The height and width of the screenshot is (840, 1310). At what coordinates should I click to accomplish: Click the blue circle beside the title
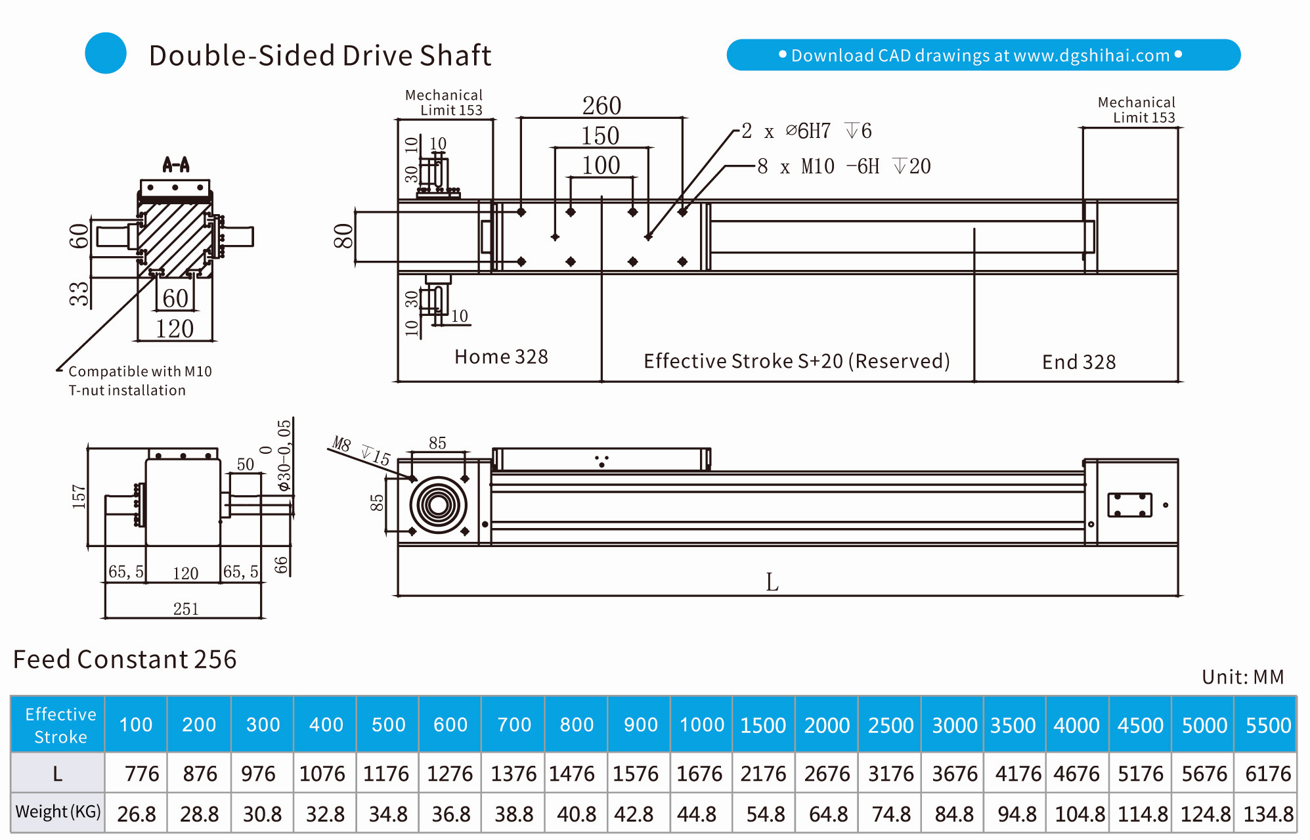pyautogui.click(x=106, y=53)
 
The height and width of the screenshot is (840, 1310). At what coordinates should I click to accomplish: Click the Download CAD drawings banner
pyautogui.click(x=983, y=55)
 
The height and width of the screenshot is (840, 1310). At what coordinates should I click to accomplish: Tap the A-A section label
pyautogui.click(x=176, y=164)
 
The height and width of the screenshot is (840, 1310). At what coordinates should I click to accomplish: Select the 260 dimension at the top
pyautogui.click(x=601, y=106)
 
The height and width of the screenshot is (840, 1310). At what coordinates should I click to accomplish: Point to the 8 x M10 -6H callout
pyautogui.click(x=846, y=166)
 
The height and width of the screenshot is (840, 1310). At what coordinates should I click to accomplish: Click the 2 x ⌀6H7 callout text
pyautogui.click(x=806, y=131)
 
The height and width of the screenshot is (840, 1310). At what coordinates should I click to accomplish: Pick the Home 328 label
pyautogui.click(x=501, y=357)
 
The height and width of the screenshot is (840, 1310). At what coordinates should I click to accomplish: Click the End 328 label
pyautogui.click(x=1079, y=362)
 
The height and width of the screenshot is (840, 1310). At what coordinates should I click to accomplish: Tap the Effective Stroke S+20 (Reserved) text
pyautogui.click(x=797, y=361)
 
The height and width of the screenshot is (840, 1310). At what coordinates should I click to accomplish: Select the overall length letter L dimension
pyautogui.click(x=772, y=582)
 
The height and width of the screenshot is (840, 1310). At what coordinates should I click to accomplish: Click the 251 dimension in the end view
pyautogui.click(x=186, y=609)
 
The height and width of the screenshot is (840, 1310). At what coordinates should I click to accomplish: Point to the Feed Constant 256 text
pyautogui.click(x=125, y=659)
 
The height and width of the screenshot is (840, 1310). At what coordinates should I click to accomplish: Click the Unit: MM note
pyautogui.click(x=1242, y=677)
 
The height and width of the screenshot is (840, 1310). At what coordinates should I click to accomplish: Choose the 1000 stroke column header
pyautogui.click(x=701, y=724)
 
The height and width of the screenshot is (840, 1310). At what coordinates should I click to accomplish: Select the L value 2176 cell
pyautogui.click(x=763, y=774)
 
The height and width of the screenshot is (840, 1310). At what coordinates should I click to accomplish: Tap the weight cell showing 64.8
pyautogui.click(x=828, y=814)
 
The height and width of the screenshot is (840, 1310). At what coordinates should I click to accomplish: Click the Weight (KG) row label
pyautogui.click(x=58, y=812)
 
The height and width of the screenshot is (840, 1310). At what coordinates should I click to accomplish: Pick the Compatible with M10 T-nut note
pyautogui.click(x=139, y=381)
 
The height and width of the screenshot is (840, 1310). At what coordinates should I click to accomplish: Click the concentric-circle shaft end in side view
pyautogui.click(x=439, y=505)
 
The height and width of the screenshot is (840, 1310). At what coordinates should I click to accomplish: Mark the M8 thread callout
pyautogui.click(x=342, y=444)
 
